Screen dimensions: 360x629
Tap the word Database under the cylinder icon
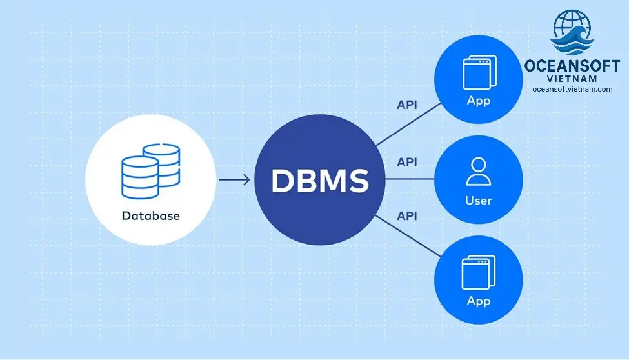150,215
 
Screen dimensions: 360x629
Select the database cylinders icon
150,171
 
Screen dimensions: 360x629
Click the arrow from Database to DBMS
234,180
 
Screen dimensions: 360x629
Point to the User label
479,201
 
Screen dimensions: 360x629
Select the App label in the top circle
479,101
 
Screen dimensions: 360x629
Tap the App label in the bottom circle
479,301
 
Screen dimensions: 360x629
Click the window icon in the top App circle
479,72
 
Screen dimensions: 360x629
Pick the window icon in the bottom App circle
479,272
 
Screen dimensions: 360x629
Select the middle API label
406,162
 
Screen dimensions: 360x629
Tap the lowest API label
406,215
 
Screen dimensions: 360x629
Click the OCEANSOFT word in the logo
572,66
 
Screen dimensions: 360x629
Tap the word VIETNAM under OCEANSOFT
572,79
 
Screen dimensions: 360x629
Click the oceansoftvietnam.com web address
572,90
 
